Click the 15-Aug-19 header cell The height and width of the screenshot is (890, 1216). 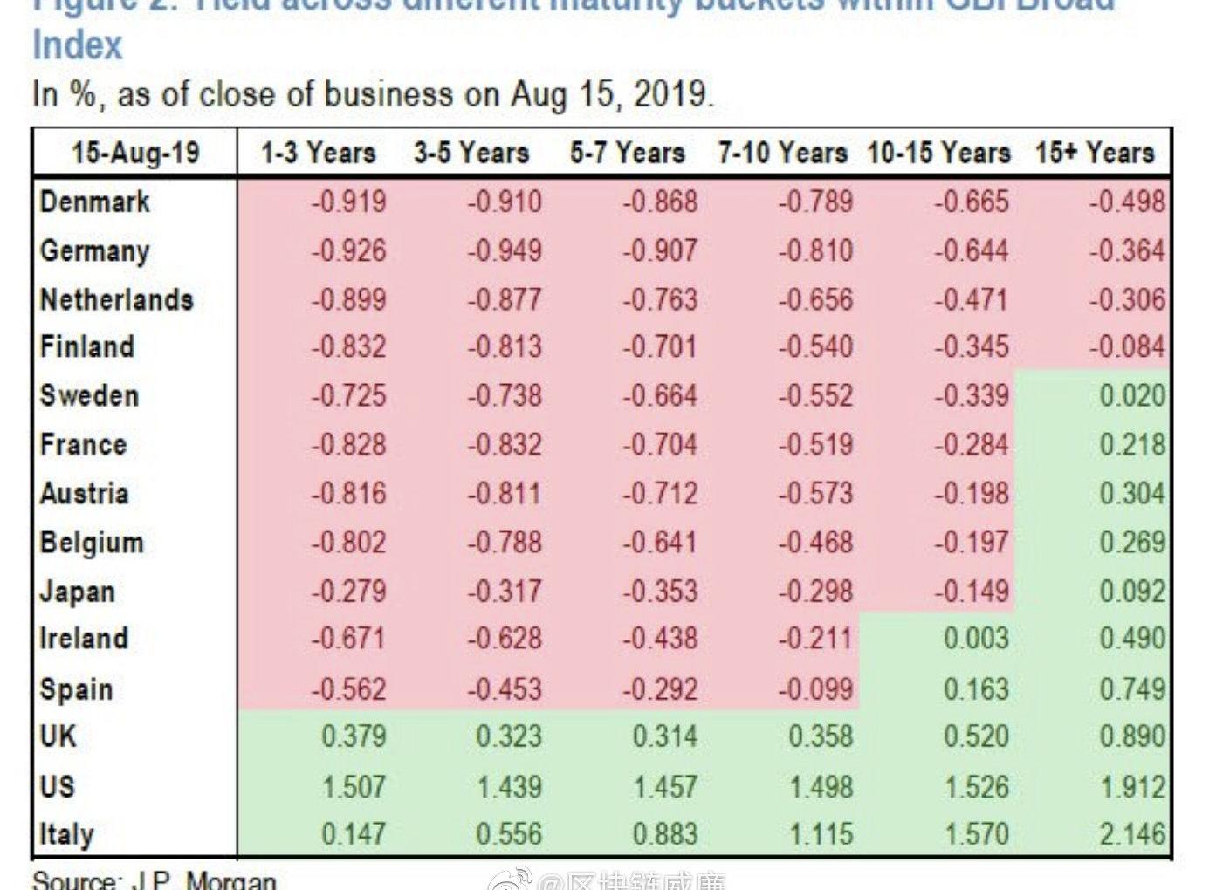pyautogui.click(x=135, y=154)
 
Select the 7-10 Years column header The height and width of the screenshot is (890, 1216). pyautogui.click(x=782, y=154)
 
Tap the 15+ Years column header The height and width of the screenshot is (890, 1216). pyautogui.click(x=1095, y=154)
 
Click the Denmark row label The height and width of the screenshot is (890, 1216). pyautogui.click(x=95, y=202)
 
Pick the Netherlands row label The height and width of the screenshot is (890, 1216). pyautogui.click(x=116, y=300)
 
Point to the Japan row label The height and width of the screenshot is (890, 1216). pyautogui.click(x=78, y=592)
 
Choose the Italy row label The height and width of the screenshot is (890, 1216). pyautogui.click(x=66, y=834)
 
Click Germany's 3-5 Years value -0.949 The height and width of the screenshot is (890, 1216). pyautogui.click(x=505, y=251)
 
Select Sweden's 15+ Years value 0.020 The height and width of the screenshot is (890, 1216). pyautogui.click(x=1131, y=396)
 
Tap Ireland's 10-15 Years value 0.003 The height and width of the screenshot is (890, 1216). pyautogui.click(x=976, y=639)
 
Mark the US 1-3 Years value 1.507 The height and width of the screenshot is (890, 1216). pyautogui.click(x=354, y=787)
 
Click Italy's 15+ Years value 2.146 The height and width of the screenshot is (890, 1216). pyautogui.click(x=1131, y=835)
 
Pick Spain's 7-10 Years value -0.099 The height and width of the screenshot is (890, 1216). pyautogui.click(x=815, y=689)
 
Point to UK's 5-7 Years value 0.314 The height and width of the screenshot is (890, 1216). pyautogui.click(x=665, y=736)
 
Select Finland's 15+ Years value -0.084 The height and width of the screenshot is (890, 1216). pyautogui.click(x=1126, y=347)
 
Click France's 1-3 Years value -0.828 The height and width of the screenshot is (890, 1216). pyautogui.click(x=349, y=445)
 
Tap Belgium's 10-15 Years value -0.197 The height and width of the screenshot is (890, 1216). pyautogui.click(x=972, y=543)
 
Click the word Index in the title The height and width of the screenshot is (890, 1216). pyautogui.click(x=78, y=45)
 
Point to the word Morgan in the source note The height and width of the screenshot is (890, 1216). pyautogui.click(x=231, y=880)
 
